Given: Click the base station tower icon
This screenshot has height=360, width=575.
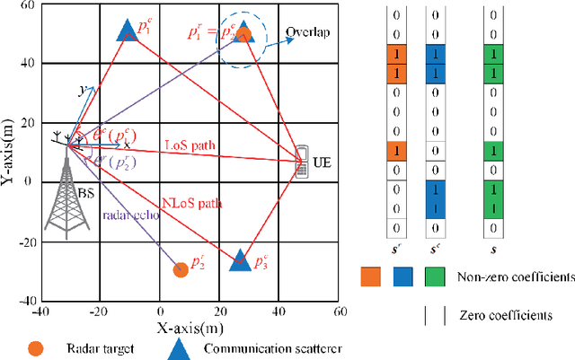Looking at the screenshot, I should coord(66,193).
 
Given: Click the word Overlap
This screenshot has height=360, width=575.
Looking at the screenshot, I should coord(308,33).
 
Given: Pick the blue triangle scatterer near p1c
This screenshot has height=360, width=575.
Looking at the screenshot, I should coord(127,31).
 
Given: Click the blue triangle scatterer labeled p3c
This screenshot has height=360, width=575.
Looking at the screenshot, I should coord(239,259).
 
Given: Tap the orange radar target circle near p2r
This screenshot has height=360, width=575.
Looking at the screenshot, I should coord(180,268).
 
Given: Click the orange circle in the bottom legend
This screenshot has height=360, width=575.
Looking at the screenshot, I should coord(36,347).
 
